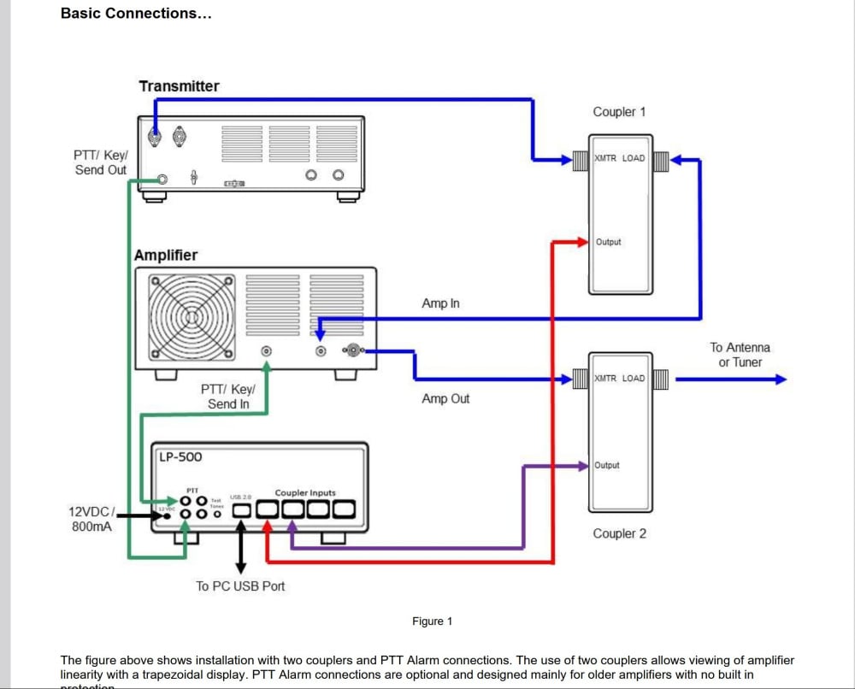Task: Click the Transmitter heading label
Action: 179,86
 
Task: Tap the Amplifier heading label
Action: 166,256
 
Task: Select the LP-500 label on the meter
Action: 180,456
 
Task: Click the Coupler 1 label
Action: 620,112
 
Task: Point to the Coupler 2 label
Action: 620,533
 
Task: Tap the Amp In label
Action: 440,303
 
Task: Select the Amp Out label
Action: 445,398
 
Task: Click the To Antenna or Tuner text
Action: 740,355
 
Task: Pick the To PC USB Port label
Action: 240,586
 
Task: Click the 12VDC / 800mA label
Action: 90,519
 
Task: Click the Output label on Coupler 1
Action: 609,243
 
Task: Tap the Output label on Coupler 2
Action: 607,466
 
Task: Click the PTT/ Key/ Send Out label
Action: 100,162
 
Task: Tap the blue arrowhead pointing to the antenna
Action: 779,379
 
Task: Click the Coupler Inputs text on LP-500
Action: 305,493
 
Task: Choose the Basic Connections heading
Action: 136,14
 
